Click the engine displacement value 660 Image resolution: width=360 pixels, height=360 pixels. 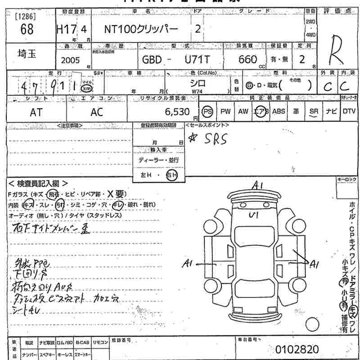[x=248, y=59]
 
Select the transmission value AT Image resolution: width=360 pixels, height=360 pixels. [x=36, y=112]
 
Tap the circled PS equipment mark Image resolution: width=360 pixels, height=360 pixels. [x=207, y=112]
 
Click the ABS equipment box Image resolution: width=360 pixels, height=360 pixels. [x=279, y=112]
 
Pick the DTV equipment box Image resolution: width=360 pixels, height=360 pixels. [x=349, y=112]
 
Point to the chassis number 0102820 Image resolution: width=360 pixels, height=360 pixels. [x=297, y=349]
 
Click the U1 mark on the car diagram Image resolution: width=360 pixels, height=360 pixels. [x=253, y=215]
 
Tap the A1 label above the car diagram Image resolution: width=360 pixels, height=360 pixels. [x=257, y=185]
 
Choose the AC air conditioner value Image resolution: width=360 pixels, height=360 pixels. [x=97, y=112]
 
